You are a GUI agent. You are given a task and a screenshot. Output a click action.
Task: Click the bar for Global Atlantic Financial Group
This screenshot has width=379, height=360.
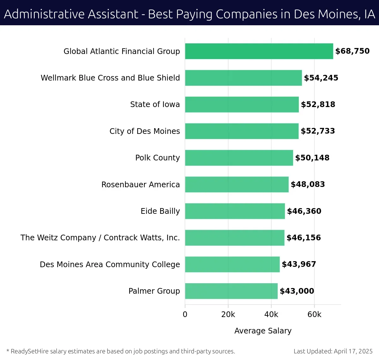coord(259,51)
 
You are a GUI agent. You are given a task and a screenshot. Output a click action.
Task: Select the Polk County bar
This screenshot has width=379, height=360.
coord(239,158)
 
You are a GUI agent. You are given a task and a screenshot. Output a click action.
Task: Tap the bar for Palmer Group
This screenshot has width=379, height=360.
coord(231,291)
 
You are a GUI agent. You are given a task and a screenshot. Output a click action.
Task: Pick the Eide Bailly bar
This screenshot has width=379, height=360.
coord(235,211)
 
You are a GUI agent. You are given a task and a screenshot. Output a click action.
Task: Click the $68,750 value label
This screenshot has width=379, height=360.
coord(352,51)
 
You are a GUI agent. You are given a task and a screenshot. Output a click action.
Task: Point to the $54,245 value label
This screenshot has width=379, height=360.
coord(321,78)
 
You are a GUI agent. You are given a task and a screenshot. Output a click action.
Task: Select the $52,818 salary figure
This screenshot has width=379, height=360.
coord(318,105)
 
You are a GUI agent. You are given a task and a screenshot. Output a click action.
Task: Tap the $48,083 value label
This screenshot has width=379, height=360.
coord(308,184)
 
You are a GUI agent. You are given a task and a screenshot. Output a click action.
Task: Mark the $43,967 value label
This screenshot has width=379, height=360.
coord(299,264)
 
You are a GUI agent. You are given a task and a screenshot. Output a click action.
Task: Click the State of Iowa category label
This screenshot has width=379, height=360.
coord(155,105)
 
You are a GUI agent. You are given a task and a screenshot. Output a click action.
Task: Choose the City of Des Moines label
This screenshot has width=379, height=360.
coord(145,131)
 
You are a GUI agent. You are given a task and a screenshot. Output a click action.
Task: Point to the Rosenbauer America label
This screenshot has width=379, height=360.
coord(141,184)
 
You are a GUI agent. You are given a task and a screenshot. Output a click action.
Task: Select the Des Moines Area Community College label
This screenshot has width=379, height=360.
coord(110,264)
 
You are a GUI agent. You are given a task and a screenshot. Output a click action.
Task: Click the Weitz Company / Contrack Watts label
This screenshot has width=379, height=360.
coord(100,238)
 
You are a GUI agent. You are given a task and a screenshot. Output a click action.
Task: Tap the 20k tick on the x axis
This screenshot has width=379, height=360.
coord(228,315)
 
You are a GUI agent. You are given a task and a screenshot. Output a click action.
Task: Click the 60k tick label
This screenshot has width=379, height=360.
coord(314,315)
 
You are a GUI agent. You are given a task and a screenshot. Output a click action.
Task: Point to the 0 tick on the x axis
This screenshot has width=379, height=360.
coord(185,315)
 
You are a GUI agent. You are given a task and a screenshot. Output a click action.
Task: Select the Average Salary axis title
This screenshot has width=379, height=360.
coord(263,331)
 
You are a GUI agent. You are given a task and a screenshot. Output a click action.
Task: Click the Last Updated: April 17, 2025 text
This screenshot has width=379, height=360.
coord(333,351)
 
